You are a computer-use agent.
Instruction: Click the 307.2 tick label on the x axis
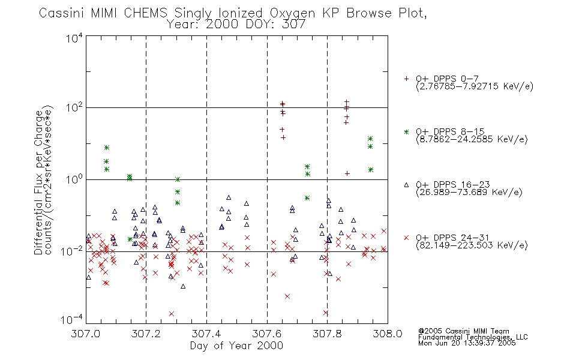point(146,334)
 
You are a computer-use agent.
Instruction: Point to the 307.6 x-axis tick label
point(267,334)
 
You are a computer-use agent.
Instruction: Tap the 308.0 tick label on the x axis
point(388,334)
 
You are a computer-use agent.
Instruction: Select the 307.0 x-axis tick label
point(85,334)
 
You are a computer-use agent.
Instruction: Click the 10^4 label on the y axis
point(74,38)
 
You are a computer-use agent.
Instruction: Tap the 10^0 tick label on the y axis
point(74,180)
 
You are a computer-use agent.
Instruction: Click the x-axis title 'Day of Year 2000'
point(236,346)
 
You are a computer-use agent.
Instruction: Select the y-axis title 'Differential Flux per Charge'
point(38,182)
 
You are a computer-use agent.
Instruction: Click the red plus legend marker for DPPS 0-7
point(406,79)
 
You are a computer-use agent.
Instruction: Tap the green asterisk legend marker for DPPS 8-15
point(406,132)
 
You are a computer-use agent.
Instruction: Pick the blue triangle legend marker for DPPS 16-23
point(406,185)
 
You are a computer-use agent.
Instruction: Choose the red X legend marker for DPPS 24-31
point(406,238)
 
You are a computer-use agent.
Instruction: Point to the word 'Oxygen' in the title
point(292,14)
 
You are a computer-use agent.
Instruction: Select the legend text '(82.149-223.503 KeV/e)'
point(472,245)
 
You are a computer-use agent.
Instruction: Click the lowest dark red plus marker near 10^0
point(347,173)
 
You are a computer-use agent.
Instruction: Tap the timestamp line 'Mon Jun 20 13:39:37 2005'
point(467,343)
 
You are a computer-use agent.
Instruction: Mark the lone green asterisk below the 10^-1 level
point(130,239)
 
